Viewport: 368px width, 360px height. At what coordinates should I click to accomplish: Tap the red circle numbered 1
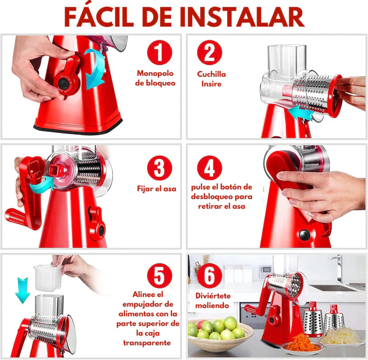160,52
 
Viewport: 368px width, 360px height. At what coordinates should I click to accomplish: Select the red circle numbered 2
210,52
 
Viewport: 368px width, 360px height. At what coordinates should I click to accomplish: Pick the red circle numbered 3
160,168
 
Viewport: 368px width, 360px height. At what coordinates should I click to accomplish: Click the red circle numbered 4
210,168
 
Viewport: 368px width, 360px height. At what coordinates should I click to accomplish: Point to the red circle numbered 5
160,276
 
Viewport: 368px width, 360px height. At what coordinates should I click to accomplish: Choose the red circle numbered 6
210,276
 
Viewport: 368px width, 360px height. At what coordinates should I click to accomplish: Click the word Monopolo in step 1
155,74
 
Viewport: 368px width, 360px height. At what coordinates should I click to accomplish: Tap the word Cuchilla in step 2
212,74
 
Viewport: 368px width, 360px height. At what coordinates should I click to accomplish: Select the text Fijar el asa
156,189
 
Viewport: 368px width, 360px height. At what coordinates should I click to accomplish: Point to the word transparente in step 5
147,343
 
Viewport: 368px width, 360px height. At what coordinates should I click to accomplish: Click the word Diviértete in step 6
213,296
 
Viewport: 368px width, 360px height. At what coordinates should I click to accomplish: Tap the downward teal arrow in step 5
23,290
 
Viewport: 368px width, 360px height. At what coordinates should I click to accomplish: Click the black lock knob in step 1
63,83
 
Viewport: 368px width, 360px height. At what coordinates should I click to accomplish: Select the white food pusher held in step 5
48,278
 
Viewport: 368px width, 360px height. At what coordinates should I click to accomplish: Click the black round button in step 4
305,235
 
